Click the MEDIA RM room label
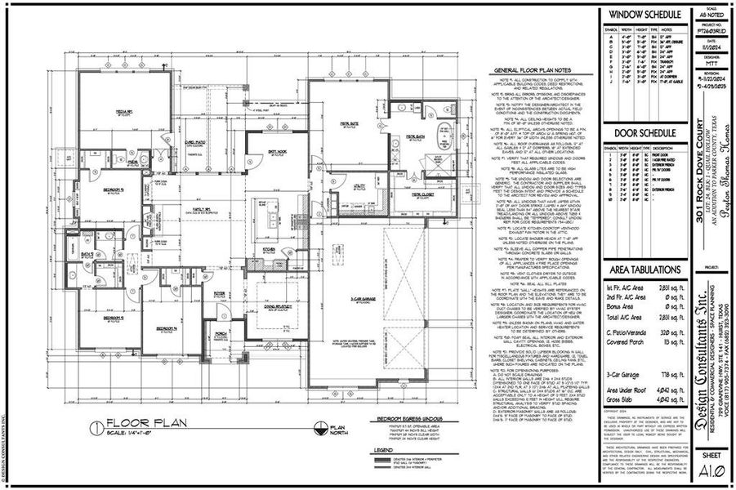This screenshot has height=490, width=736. click(x=123, y=113)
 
